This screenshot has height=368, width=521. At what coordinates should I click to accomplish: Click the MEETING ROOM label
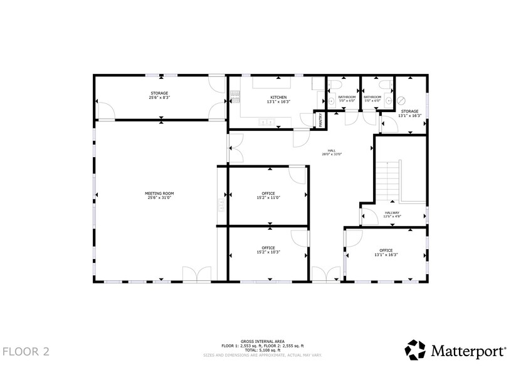159,196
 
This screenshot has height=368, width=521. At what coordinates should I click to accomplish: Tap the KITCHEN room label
278,99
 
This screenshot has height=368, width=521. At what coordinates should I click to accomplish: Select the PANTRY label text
320,120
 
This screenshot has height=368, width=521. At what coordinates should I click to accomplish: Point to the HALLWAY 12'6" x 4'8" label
392,215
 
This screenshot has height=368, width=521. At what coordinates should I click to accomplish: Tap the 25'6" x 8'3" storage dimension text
159,98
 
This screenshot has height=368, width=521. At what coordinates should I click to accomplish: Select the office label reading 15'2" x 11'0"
268,198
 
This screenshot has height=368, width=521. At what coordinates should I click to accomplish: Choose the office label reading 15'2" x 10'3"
268,252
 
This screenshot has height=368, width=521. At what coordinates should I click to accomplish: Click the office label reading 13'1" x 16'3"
386,255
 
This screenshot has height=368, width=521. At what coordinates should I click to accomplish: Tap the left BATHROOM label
347,99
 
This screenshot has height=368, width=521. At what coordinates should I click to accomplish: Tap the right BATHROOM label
372,99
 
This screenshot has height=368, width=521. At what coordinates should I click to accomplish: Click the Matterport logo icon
416,349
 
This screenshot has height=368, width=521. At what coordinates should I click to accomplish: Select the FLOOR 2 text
25,350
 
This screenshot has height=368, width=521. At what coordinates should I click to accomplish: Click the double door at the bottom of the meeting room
196,274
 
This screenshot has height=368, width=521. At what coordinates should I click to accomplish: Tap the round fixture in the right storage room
403,100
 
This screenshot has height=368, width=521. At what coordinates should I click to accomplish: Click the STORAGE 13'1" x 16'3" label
409,113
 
